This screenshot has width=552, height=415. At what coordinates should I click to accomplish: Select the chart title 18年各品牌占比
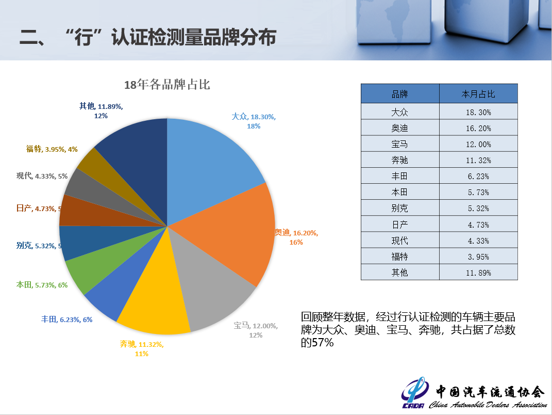point(167,85)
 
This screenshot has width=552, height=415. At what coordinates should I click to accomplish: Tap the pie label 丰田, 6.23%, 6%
point(66,320)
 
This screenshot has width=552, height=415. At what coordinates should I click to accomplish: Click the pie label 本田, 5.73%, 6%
point(42,284)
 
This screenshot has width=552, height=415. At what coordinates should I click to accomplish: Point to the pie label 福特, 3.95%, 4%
point(52,149)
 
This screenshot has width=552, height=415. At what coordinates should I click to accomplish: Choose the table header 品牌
point(399,94)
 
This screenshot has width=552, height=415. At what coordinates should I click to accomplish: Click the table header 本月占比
point(478,94)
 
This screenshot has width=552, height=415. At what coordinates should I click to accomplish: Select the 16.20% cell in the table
point(478,128)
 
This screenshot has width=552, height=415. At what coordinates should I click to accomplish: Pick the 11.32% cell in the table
point(478,160)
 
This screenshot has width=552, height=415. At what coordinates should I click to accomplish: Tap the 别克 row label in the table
point(399,208)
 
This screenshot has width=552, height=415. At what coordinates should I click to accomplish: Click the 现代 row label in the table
point(399,240)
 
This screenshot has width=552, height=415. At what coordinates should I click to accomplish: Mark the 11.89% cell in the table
point(478,273)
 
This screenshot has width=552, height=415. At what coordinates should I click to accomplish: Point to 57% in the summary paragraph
point(323,342)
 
